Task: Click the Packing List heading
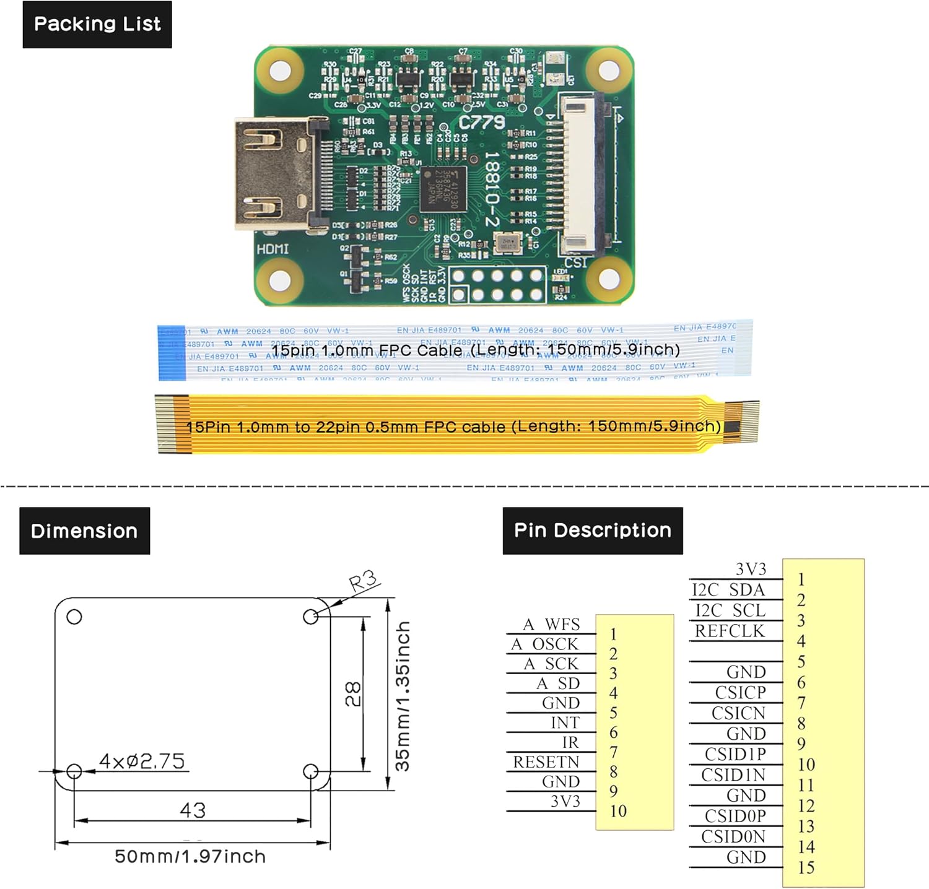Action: pyautogui.click(x=97, y=25)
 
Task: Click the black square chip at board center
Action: pyautogui.click(x=442, y=189)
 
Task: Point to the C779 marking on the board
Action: pyautogui.click(x=482, y=123)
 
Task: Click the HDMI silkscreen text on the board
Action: pyautogui.click(x=273, y=249)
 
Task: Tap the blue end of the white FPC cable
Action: pyautogui.click(x=172, y=352)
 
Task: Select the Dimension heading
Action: pyautogui.click(x=84, y=531)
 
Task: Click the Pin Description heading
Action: pyautogui.click(x=593, y=531)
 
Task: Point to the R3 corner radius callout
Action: pyautogui.click(x=363, y=582)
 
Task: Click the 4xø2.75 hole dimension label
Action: pyautogui.click(x=142, y=761)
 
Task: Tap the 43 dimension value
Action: pyautogui.click(x=192, y=810)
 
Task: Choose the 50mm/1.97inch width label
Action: pyautogui.click(x=190, y=857)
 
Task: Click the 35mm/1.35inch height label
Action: pyautogui.click(x=403, y=696)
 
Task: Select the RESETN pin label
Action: pyautogui.click(x=546, y=762)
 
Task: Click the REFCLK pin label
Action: pyautogui.click(x=730, y=631)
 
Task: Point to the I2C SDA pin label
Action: pyautogui.click(x=728, y=590)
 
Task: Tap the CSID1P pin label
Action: pyautogui.click(x=735, y=754)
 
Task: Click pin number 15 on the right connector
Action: pyautogui.click(x=806, y=867)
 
